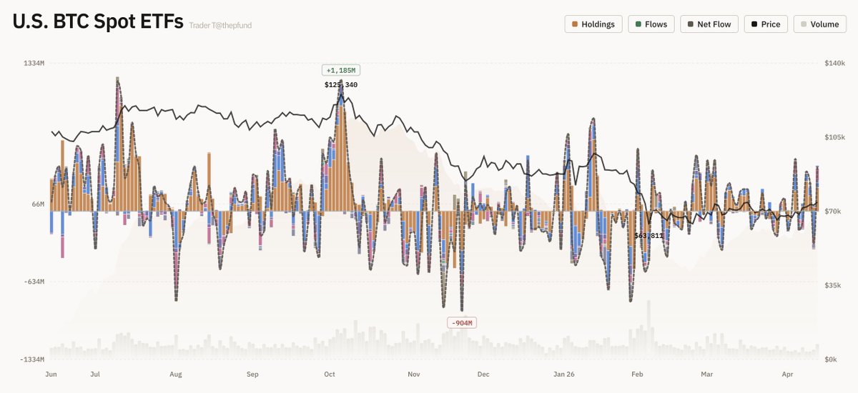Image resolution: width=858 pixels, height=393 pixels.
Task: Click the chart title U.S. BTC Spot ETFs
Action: coord(97,22)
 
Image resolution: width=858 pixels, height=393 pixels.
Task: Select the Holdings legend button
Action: coord(593,24)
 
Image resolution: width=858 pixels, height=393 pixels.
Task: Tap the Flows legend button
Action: coord(651,24)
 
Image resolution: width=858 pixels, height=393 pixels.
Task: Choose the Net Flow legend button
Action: coord(709,24)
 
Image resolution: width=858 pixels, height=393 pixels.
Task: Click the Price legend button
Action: coord(766,24)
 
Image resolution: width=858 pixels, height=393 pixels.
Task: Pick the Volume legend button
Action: coord(819,24)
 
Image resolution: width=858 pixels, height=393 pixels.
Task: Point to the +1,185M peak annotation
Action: coord(340,70)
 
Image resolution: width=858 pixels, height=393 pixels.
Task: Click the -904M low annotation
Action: coord(461,323)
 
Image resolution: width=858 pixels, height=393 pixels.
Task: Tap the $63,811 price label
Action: coord(649,235)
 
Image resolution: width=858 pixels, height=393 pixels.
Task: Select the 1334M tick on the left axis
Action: coord(34,64)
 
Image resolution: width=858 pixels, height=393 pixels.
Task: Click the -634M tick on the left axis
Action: coord(33,282)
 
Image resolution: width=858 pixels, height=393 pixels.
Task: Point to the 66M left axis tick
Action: coord(37,204)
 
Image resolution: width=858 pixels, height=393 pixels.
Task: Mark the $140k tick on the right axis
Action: coord(834,64)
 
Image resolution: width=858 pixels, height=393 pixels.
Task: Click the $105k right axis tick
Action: coord(834,137)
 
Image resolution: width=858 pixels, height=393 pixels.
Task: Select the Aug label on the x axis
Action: coord(176,374)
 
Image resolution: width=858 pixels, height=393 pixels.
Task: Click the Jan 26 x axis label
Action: coord(564,374)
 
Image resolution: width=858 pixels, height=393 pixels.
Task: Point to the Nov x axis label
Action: coord(413,374)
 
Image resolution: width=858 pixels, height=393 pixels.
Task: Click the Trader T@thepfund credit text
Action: coord(220,26)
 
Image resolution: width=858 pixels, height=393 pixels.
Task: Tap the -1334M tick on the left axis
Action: coord(31,359)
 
